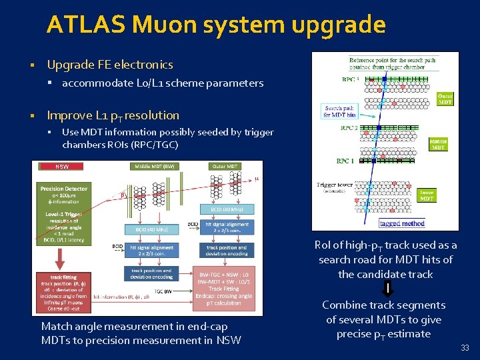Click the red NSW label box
(62, 167)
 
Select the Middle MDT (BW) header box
(155, 166)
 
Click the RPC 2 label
(349, 128)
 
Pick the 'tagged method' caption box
(402, 223)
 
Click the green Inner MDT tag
(427, 195)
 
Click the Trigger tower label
(336, 185)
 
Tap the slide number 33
(465, 347)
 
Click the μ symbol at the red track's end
(257, 179)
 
